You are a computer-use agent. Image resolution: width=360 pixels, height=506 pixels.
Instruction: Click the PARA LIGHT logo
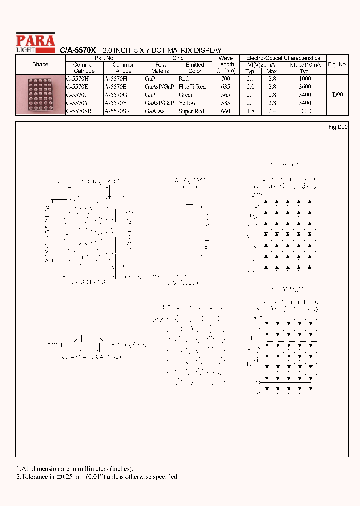(35, 41)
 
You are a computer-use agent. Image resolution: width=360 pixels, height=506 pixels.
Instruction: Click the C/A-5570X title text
(78, 50)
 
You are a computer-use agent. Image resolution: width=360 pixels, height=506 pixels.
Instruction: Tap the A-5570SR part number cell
(117, 111)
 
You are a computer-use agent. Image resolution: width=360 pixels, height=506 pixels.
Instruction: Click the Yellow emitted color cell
(187, 103)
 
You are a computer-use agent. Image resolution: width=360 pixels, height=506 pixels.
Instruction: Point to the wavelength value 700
(225, 79)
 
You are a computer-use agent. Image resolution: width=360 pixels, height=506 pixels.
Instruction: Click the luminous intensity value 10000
(304, 111)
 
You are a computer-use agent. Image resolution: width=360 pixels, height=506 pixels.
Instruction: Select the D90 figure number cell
(337, 94)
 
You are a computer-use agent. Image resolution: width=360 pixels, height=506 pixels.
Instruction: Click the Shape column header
(40, 64)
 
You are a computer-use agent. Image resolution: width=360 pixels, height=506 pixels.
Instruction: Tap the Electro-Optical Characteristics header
(283, 58)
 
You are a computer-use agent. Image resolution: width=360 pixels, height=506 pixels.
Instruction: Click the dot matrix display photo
(41, 95)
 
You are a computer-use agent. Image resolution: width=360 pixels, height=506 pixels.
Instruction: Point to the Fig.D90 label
(338, 127)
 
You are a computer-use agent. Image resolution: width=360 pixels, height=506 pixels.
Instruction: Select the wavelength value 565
(225, 95)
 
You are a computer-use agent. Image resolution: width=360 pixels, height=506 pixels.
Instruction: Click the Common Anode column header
(123, 68)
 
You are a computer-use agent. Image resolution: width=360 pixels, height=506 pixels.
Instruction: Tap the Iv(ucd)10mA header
(304, 65)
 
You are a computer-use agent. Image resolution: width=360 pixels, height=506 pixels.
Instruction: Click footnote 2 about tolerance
(98, 476)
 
